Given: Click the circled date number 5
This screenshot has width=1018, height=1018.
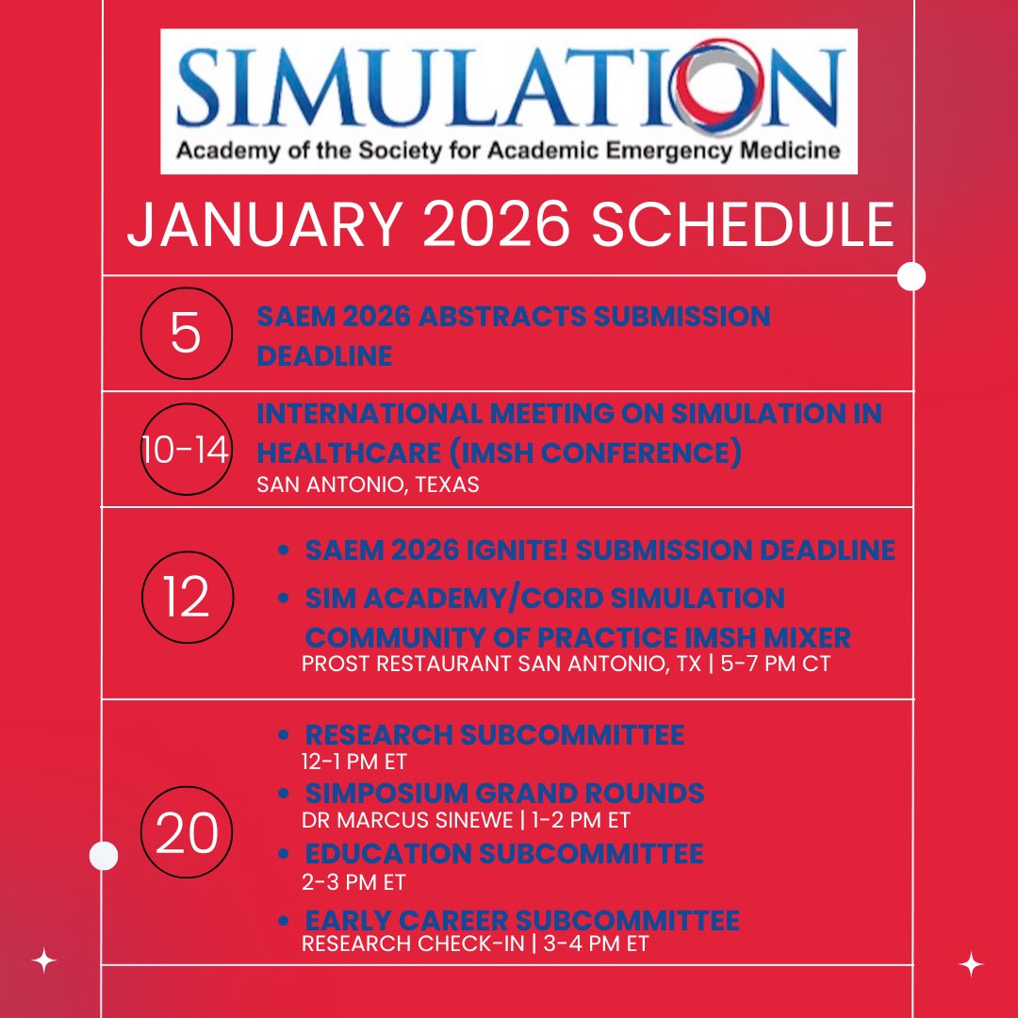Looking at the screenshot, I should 186,334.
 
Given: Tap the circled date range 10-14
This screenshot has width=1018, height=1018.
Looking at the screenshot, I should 186,450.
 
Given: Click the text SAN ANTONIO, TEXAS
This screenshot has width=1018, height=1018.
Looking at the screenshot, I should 368,484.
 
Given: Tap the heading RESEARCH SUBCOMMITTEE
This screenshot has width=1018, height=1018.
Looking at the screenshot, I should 494,734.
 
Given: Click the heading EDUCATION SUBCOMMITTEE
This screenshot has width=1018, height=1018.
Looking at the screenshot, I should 503,854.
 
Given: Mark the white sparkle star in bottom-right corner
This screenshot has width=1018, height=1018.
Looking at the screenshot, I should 971,964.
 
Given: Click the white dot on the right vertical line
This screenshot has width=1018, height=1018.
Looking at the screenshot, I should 911,276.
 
